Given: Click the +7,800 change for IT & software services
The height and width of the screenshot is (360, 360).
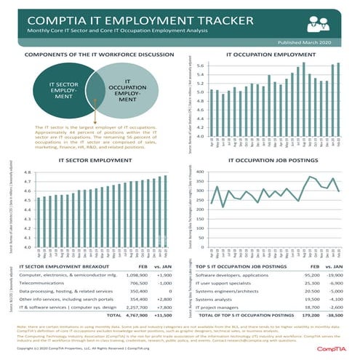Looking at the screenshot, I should (163, 306).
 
